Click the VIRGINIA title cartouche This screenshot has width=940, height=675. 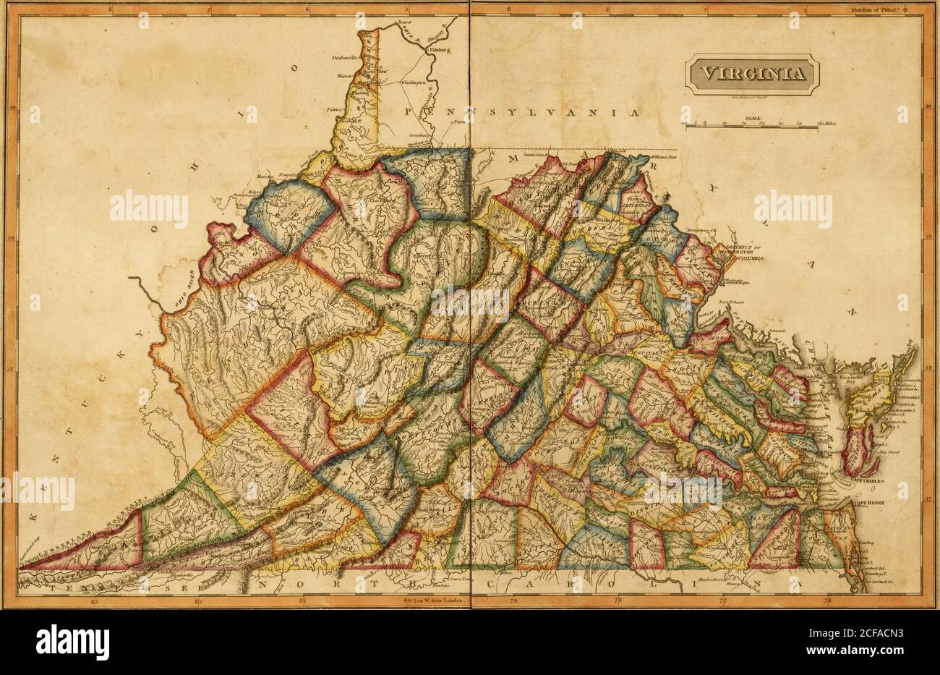click(752, 73)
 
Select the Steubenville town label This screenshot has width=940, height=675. click(346, 56)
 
